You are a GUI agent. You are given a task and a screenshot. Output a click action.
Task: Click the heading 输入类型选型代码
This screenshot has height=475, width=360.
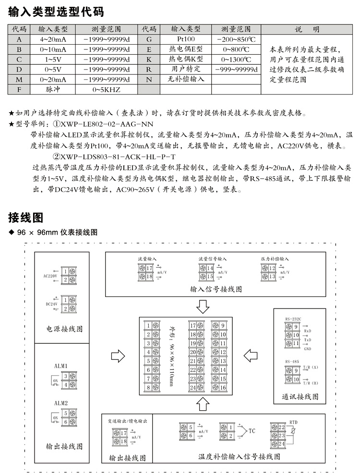click(x=56, y=11)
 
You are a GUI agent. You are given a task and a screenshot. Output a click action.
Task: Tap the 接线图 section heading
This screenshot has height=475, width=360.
click(x=26, y=218)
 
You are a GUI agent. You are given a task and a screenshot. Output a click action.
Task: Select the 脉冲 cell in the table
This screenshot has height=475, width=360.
click(x=53, y=89)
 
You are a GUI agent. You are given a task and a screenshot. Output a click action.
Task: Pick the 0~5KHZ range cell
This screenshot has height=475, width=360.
click(x=106, y=90)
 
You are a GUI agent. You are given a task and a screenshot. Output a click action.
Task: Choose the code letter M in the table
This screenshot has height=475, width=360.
click(x=19, y=79)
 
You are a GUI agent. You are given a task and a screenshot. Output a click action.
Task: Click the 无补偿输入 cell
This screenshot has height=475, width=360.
click(x=186, y=79)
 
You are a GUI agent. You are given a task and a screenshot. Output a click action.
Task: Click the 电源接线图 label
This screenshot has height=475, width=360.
click(x=64, y=329)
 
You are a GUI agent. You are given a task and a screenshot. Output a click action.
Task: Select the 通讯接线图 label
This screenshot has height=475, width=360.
click(x=300, y=397)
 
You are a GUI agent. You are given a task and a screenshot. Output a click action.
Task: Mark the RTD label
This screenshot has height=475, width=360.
click(x=294, y=421)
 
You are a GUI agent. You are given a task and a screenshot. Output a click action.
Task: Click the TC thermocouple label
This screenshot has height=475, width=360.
click(x=252, y=431)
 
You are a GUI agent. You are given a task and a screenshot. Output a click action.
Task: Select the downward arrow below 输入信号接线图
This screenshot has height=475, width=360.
click(x=204, y=306)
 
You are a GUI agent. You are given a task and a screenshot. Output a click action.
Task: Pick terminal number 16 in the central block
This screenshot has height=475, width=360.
click(x=223, y=387)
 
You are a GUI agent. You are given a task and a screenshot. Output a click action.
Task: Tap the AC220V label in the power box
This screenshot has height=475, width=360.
click(x=50, y=276)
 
